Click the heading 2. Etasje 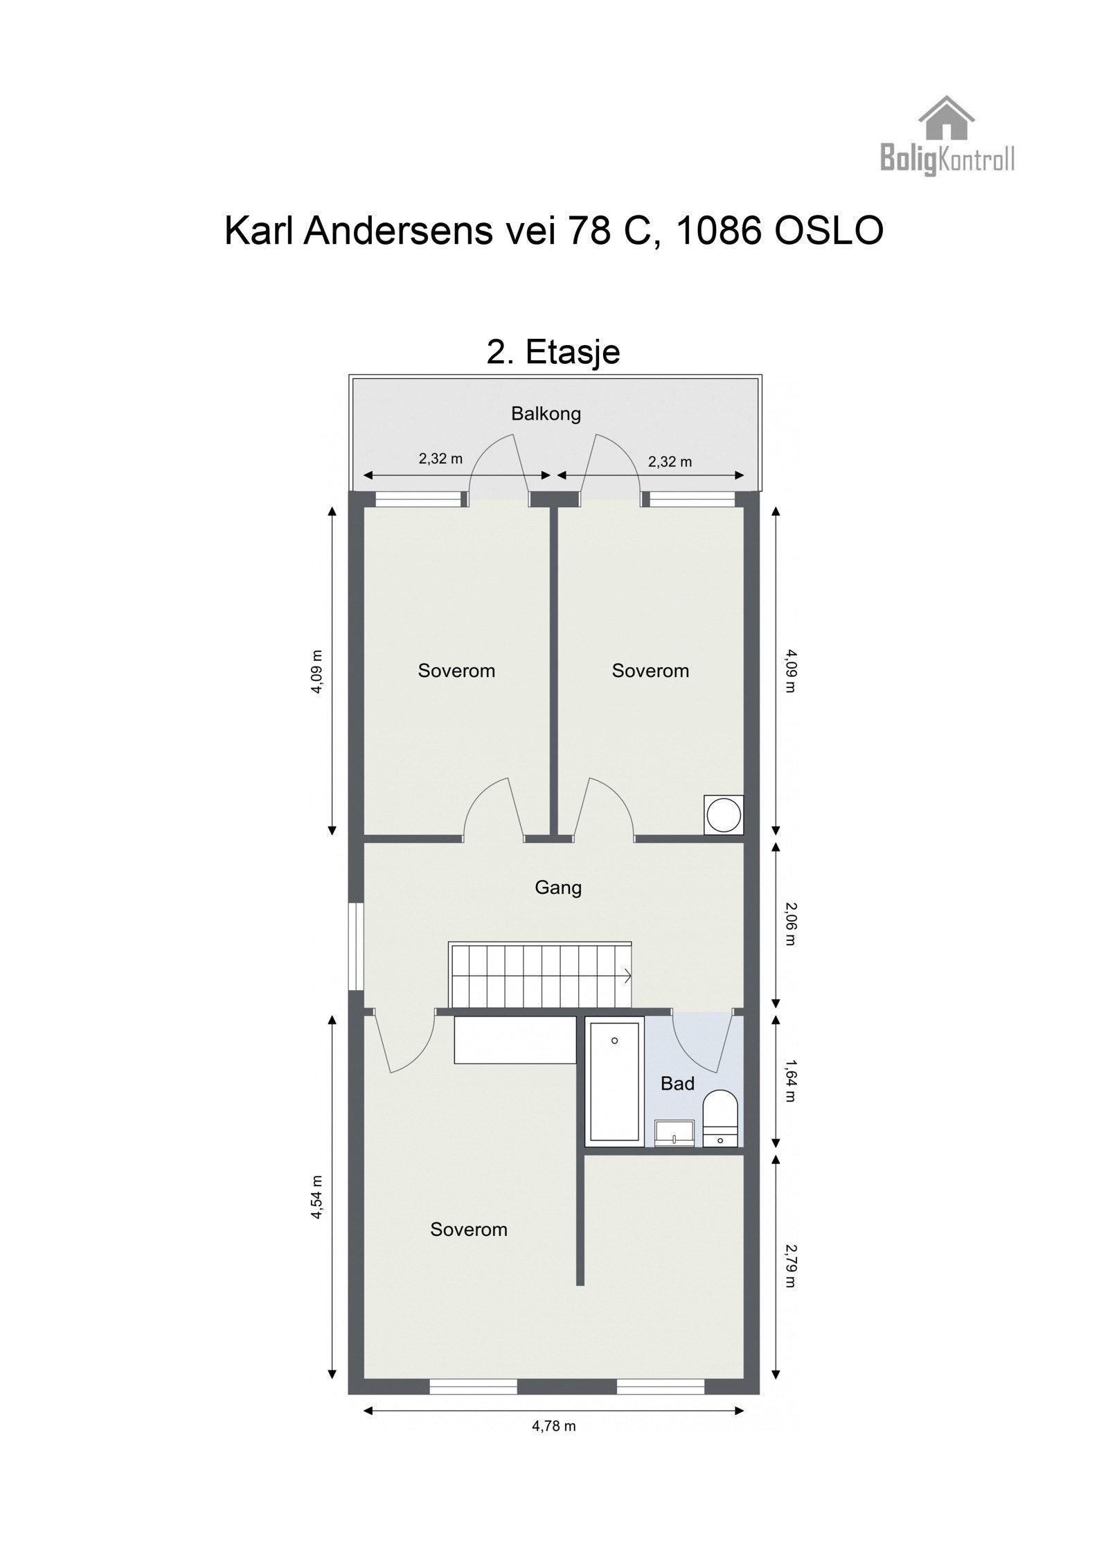[x=553, y=353]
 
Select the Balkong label [x=546, y=414]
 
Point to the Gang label [x=558, y=888]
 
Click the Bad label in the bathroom [x=677, y=1084]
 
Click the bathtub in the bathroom [x=614, y=1081]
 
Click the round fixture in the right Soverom [x=724, y=815]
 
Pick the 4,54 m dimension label [x=316, y=1197]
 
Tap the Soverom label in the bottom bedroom [x=469, y=1230]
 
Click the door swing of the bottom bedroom [x=405, y=1043]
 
